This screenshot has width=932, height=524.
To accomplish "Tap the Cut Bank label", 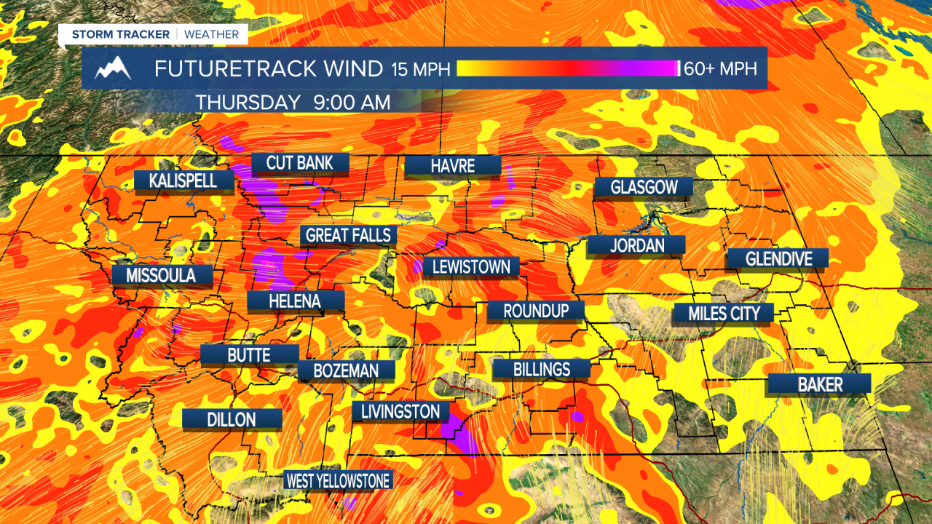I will pyautogui.click(x=300, y=163).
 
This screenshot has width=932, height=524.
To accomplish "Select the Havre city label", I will pyautogui.click(x=453, y=166).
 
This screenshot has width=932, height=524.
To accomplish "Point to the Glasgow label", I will pyautogui.click(x=644, y=187).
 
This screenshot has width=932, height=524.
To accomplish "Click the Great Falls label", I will pyautogui.click(x=349, y=235).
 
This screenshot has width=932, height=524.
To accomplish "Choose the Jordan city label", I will pyautogui.click(x=637, y=245).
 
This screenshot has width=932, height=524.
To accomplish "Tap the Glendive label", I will pyautogui.click(x=778, y=258).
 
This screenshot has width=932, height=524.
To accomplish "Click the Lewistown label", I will pyautogui.click(x=471, y=267).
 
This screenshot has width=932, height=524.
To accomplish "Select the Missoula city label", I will pyautogui.click(x=161, y=275).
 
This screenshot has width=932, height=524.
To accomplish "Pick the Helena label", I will pyautogui.click(x=295, y=301).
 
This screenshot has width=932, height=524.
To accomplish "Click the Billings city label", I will pyautogui.click(x=541, y=369).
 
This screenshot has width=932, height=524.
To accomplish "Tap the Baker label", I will pyautogui.click(x=820, y=384).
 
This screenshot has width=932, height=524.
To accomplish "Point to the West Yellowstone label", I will pyautogui.click(x=338, y=480).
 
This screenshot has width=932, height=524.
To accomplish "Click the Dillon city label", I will pyautogui.click(x=232, y=419).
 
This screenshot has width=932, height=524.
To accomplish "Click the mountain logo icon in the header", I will pyautogui.click(x=114, y=68).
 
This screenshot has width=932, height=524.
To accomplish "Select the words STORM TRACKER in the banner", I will pyautogui.click(x=120, y=34).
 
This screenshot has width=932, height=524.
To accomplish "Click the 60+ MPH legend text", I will pyautogui.click(x=721, y=69).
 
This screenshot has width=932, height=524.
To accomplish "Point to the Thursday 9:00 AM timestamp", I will pyautogui.click(x=292, y=103).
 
